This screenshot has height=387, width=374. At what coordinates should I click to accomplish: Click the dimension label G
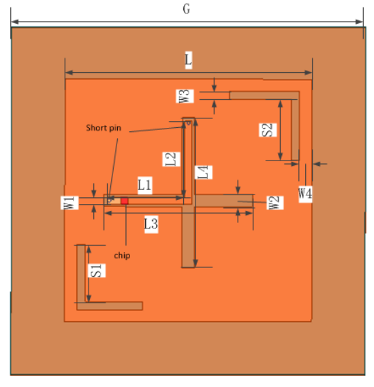click(x=187, y=9)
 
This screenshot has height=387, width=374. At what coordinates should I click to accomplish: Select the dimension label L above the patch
click(x=188, y=60)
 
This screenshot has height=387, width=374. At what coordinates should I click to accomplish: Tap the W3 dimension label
click(x=185, y=96)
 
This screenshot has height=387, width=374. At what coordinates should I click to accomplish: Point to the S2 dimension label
click(x=268, y=130)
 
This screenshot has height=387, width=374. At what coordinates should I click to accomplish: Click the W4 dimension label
click(x=305, y=193)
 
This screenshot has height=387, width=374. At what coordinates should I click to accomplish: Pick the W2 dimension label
click(x=275, y=203)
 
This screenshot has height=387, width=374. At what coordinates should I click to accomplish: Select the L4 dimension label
click(x=203, y=172)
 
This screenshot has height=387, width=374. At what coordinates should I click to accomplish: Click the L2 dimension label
click(x=171, y=159)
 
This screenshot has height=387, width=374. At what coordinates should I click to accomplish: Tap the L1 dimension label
click(x=144, y=185)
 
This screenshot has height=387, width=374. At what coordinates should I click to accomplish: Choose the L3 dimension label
click(x=151, y=224)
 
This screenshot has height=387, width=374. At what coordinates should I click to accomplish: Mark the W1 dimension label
click(x=69, y=203)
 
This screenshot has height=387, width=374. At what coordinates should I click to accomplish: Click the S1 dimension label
click(x=97, y=271)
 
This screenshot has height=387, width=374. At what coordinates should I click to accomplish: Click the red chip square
click(x=125, y=201)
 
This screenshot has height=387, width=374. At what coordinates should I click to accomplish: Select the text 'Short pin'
click(x=104, y=128)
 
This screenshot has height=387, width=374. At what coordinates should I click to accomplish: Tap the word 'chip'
click(x=122, y=256)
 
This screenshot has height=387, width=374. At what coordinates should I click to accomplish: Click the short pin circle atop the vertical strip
click(x=188, y=122)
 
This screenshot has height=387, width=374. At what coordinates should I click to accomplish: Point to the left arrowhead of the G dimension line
click(x=15, y=22)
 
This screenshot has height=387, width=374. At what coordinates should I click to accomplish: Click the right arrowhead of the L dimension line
click(x=309, y=73)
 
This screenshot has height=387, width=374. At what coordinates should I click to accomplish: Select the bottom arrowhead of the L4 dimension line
click(x=196, y=263)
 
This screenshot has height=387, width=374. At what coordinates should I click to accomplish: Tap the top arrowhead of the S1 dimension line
click(x=89, y=250)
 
